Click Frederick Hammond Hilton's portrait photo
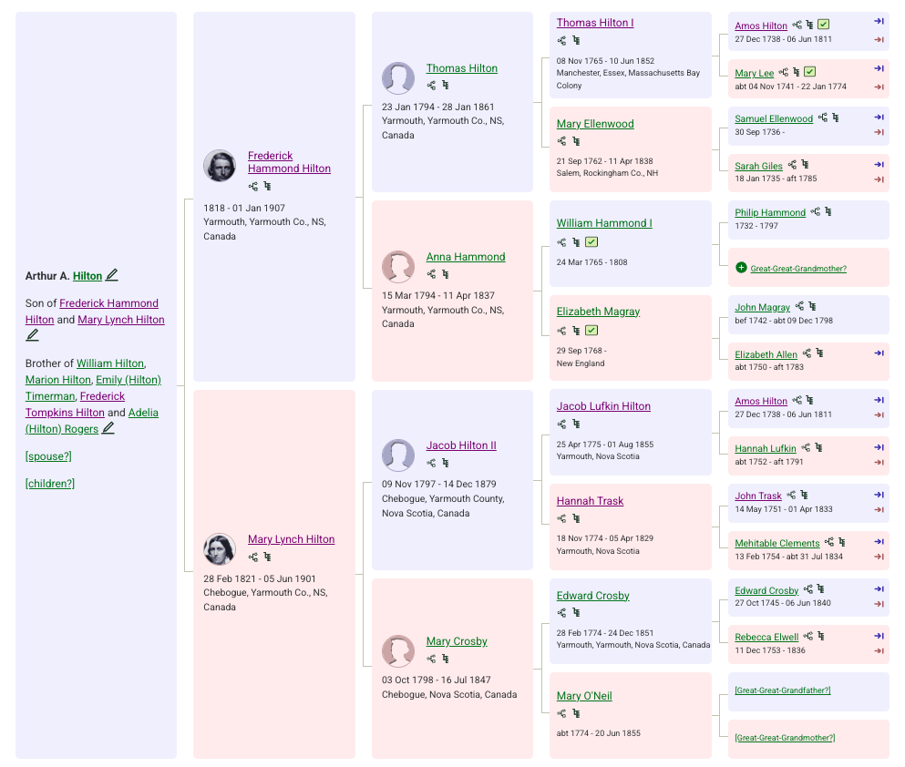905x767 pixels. coord(220,166)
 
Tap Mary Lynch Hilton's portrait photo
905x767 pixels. coord(220,549)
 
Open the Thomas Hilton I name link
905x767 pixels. coord(595,23)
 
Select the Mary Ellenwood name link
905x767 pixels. coord(595,123)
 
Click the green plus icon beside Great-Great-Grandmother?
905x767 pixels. coord(741,268)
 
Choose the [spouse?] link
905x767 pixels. coord(48,456)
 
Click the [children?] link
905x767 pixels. coord(49,484)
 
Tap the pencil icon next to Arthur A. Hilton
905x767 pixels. coord(112,275)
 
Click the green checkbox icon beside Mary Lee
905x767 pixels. coord(810,72)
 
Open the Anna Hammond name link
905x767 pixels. coord(466,257)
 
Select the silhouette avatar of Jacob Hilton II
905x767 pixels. coord(398,455)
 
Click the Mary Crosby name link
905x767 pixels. coord(457,640)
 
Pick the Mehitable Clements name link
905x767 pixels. coord(776,543)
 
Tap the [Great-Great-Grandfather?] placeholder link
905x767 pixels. coord(783,690)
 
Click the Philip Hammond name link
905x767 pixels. coord(770,212)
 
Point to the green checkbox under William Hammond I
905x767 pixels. coord(591,241)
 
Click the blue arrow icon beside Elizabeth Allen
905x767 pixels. coord(879,353)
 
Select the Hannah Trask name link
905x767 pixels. coord(590,501)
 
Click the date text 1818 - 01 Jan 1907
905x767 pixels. coord(244,208)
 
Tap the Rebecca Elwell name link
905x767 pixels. coord(766,637)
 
